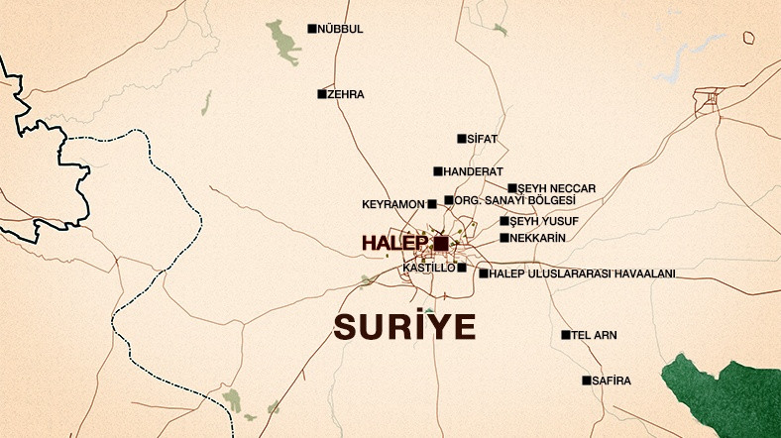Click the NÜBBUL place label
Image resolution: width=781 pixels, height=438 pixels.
(340, 29)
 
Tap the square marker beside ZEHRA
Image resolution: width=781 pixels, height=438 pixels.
(322, 94)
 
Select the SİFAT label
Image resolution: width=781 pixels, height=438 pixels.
(482, 139)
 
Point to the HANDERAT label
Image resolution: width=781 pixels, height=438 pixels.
(474, 171)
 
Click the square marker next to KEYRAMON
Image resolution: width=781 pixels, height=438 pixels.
(431, 204)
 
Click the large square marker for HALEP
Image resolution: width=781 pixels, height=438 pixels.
(441, 243)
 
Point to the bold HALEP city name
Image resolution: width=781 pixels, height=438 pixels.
(394, 243)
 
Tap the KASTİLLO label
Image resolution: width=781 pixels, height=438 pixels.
(429, 268)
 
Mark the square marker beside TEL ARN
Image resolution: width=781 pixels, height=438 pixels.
(566, 335)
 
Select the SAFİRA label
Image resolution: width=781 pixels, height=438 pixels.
(612, 381)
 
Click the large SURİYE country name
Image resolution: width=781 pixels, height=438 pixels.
(404, 326)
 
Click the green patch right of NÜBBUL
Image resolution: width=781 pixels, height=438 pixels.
(284, 42)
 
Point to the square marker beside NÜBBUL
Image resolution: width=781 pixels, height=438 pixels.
(312, 29)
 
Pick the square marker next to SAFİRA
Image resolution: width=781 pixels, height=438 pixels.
(587, 381)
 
